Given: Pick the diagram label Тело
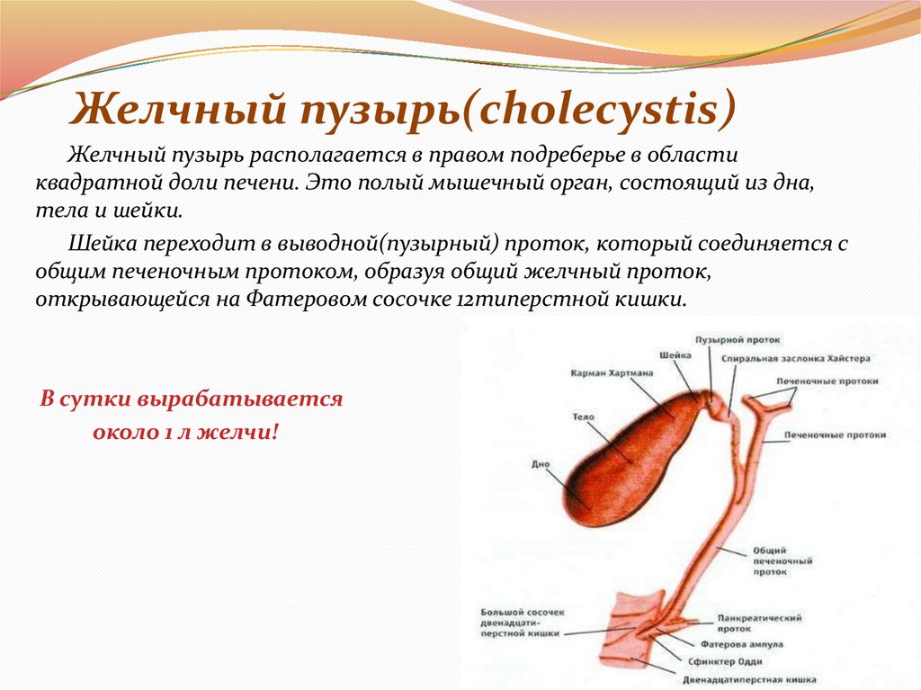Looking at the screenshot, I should [x=581, y=418].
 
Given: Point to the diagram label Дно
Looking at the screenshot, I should [x=541, y=465].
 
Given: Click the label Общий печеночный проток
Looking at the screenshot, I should [x=770, y=560].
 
